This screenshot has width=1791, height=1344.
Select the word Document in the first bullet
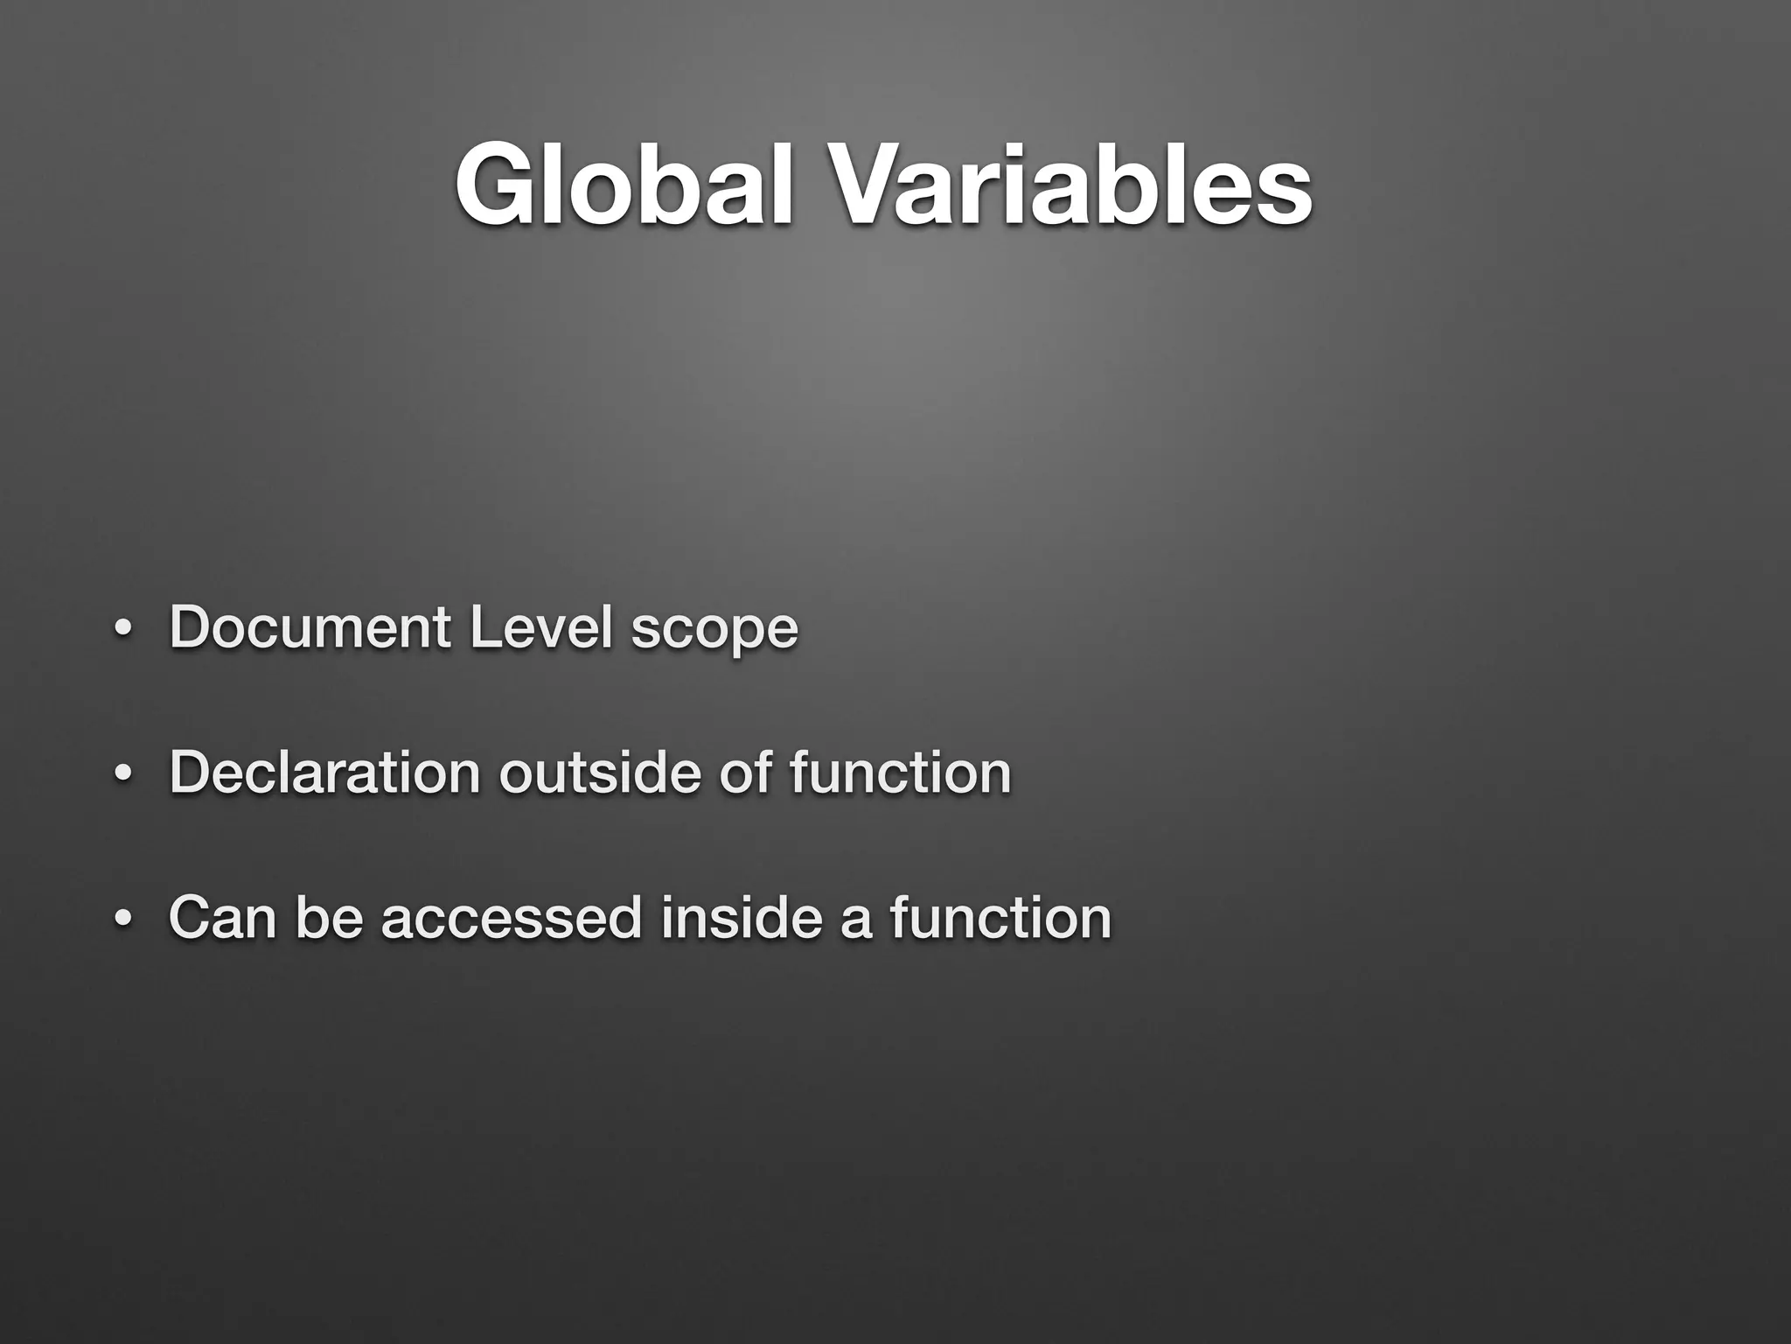310,627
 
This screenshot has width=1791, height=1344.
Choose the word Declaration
324,773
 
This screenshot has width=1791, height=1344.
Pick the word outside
600,773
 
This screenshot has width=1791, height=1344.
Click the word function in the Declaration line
900,773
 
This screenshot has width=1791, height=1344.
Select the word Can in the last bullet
222,918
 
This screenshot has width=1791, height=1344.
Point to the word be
329,918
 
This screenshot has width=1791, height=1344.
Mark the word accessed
512,918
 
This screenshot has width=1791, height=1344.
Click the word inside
742,918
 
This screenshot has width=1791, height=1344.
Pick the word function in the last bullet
1000,918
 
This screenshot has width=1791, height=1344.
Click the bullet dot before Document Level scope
122,631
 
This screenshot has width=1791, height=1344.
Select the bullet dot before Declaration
122,776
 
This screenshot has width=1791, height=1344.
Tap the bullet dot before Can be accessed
122,921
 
